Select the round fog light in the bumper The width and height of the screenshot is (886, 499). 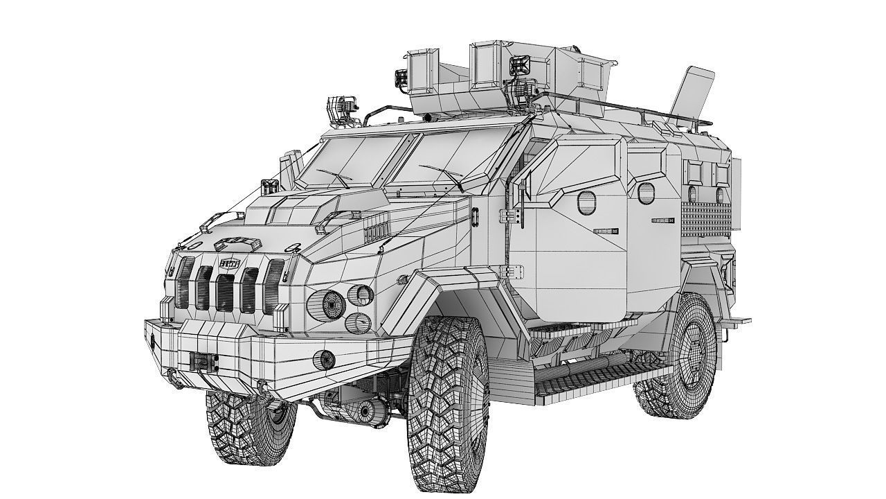coord(325,359)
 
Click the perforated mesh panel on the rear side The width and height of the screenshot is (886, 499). coord(707,212)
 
